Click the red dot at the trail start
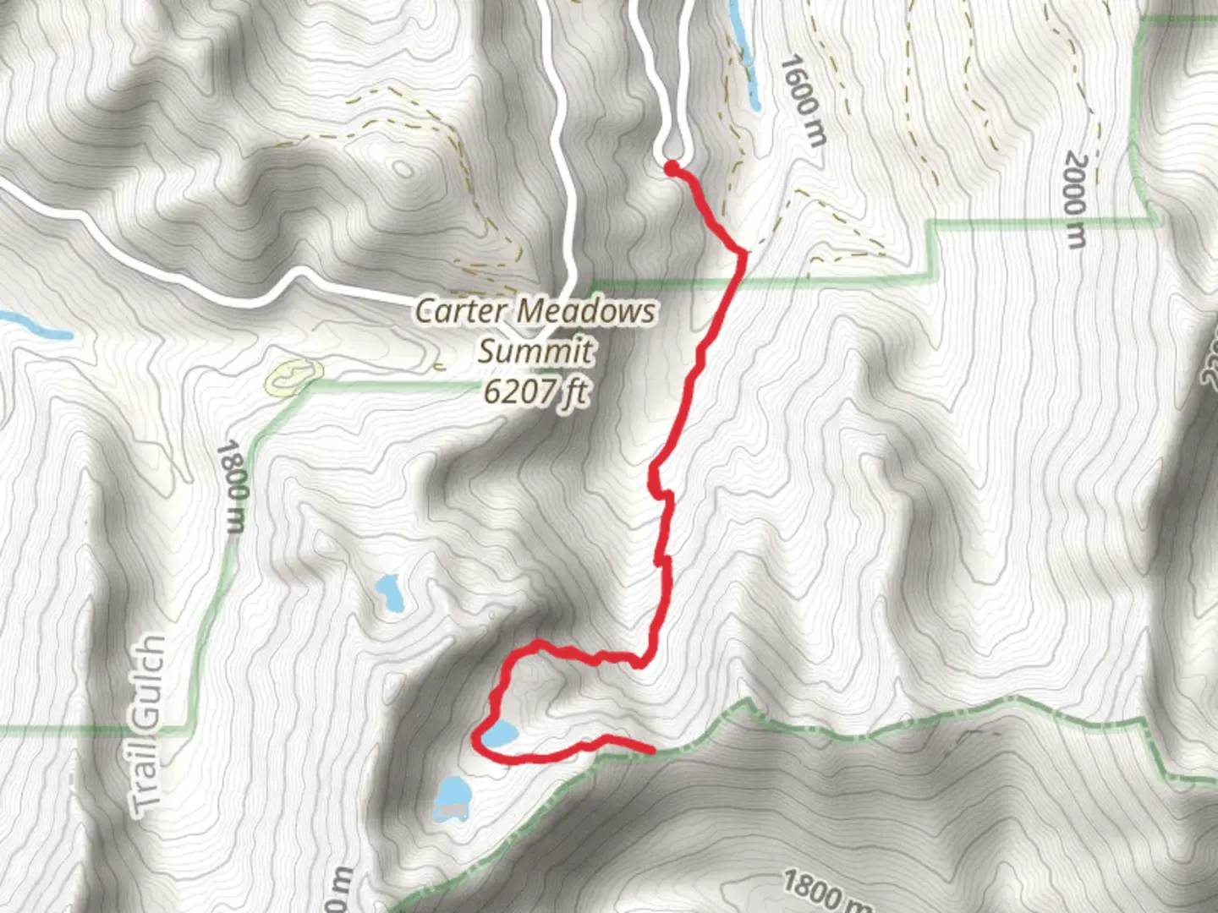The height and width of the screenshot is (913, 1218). click(671, 169)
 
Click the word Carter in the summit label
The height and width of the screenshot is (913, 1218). click(460, 311)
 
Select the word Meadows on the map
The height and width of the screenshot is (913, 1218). click(586, 311)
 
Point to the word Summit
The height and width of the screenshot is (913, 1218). click(535, 351)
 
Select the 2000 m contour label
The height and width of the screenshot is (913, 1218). click(1074, 200)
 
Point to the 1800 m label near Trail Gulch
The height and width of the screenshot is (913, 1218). click(233, 487)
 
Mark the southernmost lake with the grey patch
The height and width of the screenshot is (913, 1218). click(453, 800)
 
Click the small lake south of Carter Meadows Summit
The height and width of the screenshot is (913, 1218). click(389, 593)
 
